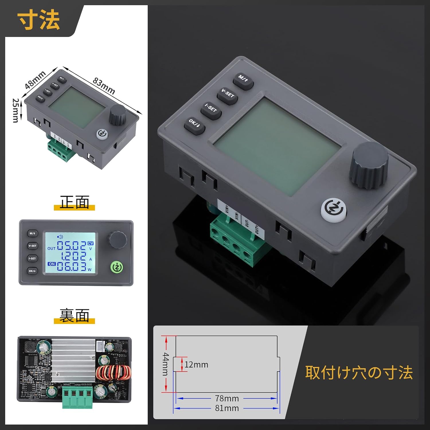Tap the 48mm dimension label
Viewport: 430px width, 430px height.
tap(35, 80)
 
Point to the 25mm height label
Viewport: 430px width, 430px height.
tap(16, 110)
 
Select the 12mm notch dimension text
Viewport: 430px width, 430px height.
tap(196, 365)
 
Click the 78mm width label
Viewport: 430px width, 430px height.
tap(227, 398)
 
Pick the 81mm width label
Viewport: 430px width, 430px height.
tap(227, 408)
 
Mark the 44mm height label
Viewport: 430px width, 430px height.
tap(166, 364)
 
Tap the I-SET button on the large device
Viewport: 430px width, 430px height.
tap(211, 110)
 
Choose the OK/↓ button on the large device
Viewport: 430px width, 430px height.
tap(194, 125)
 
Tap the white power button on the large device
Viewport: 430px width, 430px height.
tap(333, 210)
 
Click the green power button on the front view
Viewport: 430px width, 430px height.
tap(117, 267)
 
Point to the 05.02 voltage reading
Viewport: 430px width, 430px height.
tap(71, 246)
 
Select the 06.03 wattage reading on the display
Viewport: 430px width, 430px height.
tap(71, 267)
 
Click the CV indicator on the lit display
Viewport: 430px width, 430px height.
tap(90, 243)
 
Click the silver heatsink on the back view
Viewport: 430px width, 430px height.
tap(73, 360)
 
